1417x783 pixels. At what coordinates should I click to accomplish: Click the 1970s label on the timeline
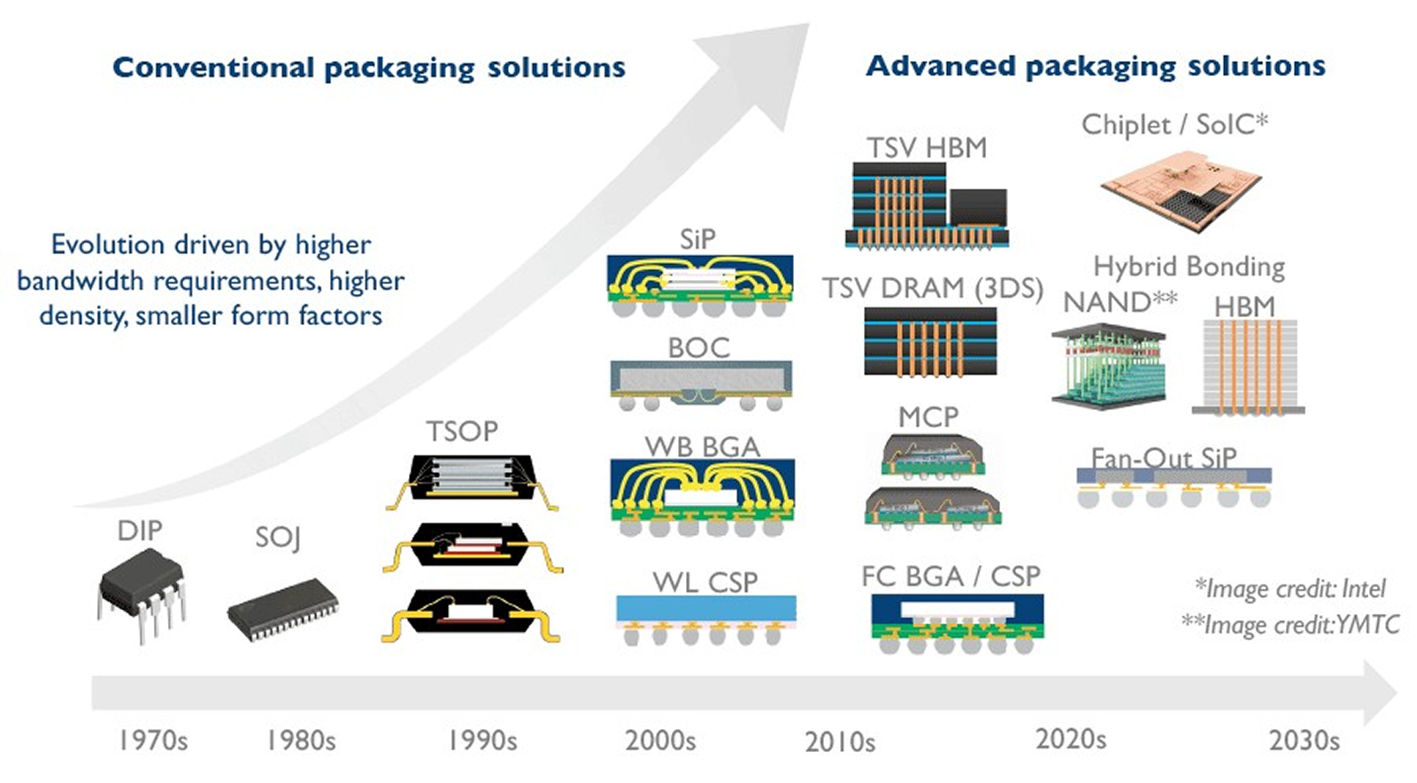[153, 740]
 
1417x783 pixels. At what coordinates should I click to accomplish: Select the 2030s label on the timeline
[1305, 740]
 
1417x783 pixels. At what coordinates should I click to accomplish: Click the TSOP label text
[462, 431]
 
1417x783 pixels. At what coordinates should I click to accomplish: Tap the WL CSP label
[705, 583]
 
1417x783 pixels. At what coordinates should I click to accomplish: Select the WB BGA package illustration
[702, 498]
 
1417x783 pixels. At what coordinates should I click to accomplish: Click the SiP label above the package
[697, 239]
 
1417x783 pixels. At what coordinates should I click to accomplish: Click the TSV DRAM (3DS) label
[933, 288]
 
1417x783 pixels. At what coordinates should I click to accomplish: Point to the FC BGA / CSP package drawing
[957, 624]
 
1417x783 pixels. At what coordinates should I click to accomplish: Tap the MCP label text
[928, 417]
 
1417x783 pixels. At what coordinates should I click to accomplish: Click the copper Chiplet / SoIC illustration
[1182, 190]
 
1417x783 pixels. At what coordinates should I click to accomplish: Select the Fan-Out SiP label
[1163, 458]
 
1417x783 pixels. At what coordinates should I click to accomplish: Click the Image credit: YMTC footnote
[1290, 624]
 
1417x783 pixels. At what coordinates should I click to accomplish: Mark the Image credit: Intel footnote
[1290, 589]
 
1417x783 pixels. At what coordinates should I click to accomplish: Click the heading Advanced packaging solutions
[1095, 66]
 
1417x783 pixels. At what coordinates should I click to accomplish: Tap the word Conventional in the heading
[213, 67]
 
